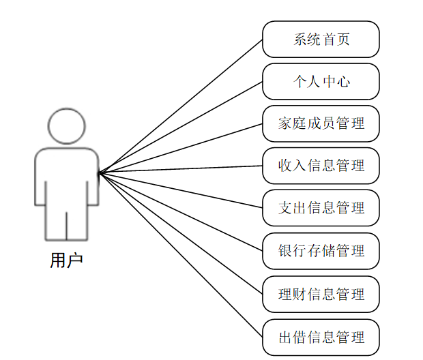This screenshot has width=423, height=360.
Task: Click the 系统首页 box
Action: tap(321, 39)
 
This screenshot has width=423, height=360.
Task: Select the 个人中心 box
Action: tap(321, 82)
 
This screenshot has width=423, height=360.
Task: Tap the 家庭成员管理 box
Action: tap(321, 123)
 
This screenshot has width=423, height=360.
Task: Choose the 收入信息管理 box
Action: tap(321, 166)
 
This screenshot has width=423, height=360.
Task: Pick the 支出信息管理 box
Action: tap(321, 208)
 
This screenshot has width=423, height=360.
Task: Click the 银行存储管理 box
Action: tap(321, 251)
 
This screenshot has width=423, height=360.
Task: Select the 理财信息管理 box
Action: tap(321, 295)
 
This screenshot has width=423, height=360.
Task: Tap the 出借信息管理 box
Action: tap(321, 337)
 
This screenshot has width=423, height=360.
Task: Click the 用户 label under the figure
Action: tap(66, 260)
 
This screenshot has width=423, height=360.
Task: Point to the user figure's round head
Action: tap(66, 125)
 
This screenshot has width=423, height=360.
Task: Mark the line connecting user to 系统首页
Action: tap(181, 106)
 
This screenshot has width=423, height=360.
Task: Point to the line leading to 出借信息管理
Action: tap(181, 255)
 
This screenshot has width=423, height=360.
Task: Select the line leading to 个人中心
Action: tap(181, 127)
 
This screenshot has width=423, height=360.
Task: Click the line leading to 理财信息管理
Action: tap(181, 234)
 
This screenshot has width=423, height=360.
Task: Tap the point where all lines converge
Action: tap(100, 172)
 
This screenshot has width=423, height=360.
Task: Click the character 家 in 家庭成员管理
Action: tap(285, 123)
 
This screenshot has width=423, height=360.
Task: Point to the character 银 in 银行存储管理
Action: tap(285, 251)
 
